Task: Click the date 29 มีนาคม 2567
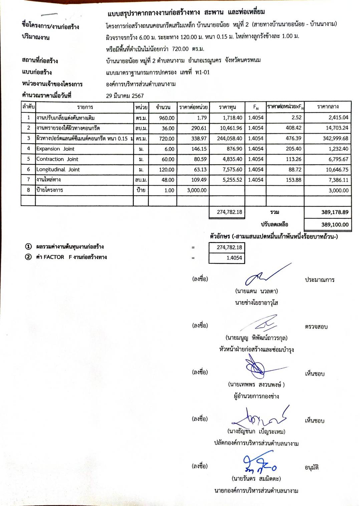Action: (125, 96)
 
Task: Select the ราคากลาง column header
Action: (328, 107)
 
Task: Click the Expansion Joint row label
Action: (55, 149)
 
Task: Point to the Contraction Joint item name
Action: (57, 159)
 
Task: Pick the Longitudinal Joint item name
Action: (58, 170)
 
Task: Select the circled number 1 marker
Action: (29, 247)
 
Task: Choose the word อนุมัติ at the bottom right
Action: (312, 468)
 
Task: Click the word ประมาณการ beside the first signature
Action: (319, 280)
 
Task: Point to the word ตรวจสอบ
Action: (316, 327)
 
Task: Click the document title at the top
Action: (186, 13)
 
